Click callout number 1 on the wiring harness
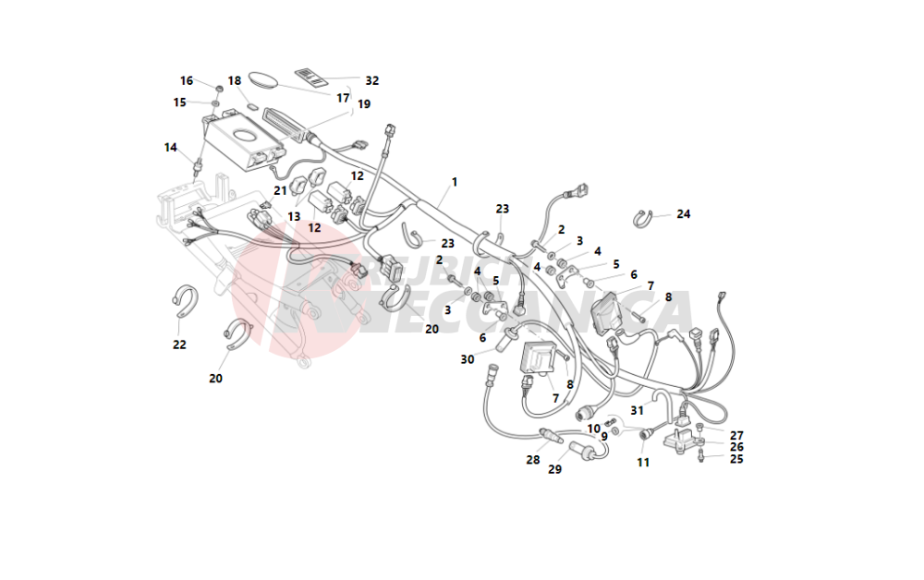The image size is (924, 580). pos(455,182)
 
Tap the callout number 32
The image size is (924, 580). pos(372,81)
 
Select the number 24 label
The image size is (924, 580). pos(684,214)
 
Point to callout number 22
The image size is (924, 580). pos(179,344)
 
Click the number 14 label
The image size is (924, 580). pos(171,148)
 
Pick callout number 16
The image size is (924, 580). pos(187,81)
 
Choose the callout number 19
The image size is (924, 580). pos(364,104)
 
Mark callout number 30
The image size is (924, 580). pos(468,358)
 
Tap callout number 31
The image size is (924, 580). pos(638,410)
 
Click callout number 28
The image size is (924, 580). pos(533,459)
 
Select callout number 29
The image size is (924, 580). pos(555,469)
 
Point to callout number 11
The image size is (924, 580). pos(643,462)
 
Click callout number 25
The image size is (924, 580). pos(736,458)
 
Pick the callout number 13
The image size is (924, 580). pos(294,216)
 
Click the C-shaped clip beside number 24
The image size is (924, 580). pos(644,218)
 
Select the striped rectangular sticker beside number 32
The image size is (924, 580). pos(312,75)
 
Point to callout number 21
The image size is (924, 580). pos(280,190)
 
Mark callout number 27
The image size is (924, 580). pos(736,435)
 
